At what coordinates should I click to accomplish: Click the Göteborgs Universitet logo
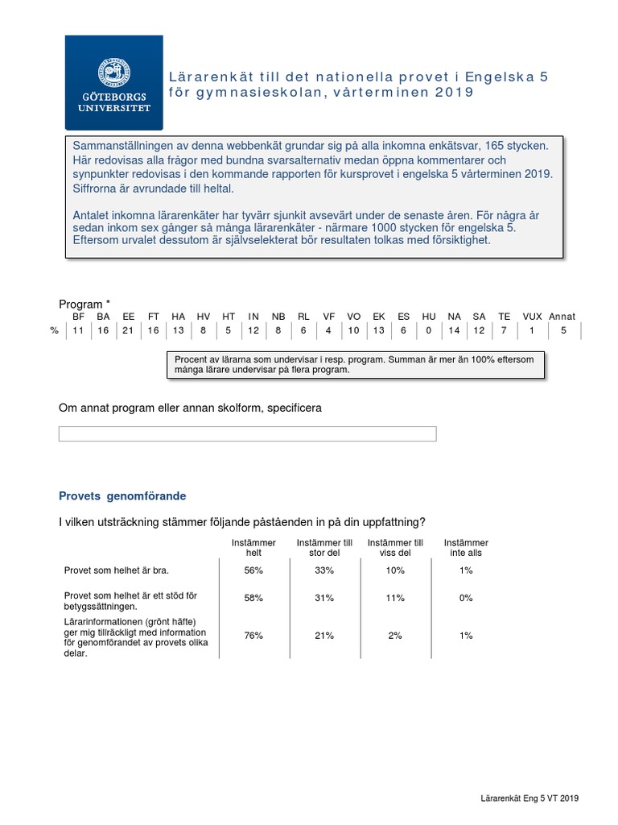coord(114,83)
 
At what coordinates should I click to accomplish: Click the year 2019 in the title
coord(455,93)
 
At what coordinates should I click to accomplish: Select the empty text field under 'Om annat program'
coord(247,434)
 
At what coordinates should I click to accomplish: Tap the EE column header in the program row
coord(129,317)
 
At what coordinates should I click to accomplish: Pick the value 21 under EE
coord(129,330)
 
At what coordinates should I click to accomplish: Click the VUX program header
coord(532,317)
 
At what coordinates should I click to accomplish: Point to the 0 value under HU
coord(429,330)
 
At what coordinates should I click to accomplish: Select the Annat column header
coord(562,317)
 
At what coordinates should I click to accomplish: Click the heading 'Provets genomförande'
coord(122,496)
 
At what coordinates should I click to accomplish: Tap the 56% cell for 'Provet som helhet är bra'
coord(253,570)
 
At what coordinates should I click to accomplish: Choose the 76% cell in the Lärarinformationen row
coord(253,636)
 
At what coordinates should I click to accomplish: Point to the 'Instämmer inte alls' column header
coord(466,548)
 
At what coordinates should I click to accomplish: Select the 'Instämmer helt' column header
coord(253,548)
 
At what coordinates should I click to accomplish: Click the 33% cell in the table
coord(324,570)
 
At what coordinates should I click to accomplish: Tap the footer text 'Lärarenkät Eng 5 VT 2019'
coord(525,798)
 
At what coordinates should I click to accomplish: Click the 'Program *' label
coord(84,304)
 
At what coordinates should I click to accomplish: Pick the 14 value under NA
coord(455,330)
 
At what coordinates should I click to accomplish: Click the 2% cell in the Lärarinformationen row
coord(395,636)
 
